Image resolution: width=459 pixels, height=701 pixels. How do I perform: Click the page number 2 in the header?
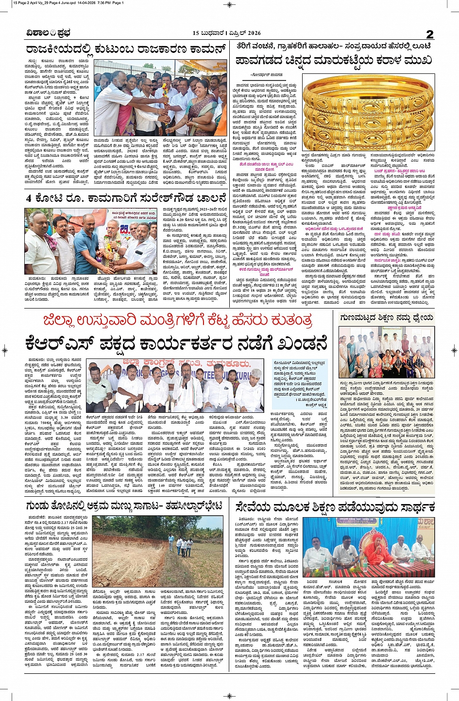tap(429, 33)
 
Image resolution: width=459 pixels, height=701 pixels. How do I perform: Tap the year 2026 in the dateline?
tap(253, 33)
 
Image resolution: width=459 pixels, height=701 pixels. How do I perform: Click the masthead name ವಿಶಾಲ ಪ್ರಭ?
tap(49, 33)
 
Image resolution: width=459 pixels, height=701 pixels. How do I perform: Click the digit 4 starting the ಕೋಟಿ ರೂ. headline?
tap(29, 198)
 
